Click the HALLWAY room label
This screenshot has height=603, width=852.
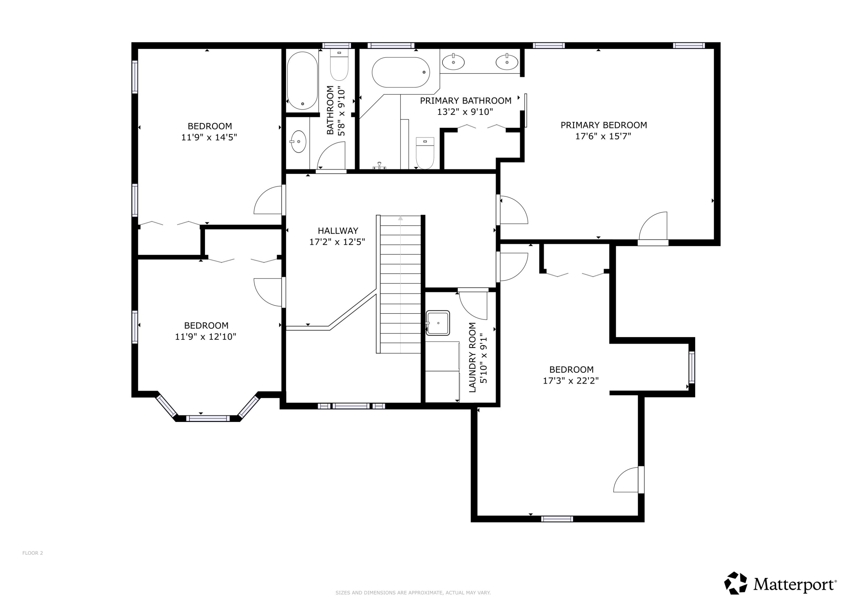coord(338,231)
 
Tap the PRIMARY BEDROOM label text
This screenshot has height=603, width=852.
coord(603,125)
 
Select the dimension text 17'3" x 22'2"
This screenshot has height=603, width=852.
coord(571,381)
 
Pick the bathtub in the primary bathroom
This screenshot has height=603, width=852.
coord(401,72)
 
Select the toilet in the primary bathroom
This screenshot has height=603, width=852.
coord(425,153)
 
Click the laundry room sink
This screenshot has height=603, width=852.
coord(438,323)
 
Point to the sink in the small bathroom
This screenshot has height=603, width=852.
coord(298,142)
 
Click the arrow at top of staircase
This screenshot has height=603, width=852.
coord(400,218)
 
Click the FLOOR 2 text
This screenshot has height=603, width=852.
coord(33,553)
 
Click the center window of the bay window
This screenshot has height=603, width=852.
coord(208,418)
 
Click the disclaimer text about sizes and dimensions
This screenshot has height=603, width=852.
coord(413,592)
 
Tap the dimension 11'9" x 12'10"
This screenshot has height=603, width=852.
coord(206,337)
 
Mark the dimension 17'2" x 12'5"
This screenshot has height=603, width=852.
coord(337,242)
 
